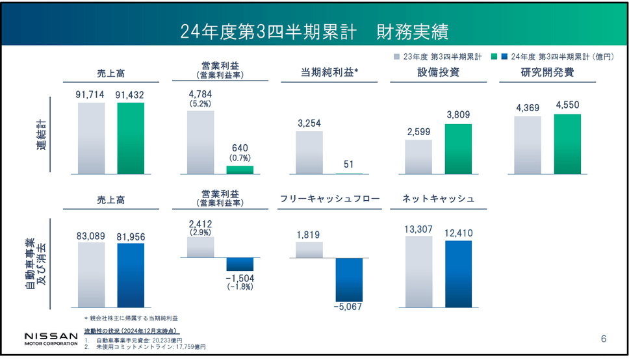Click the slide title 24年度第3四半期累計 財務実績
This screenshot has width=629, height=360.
click(x=314, y=31)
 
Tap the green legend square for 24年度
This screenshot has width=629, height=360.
click(x=496, y=57)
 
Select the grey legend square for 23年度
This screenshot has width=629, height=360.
click(x=396, y=57)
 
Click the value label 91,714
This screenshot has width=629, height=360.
click(x=91, y=95)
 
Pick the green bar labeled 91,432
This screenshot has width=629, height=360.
click(x=131, y=138)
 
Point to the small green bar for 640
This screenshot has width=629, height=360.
click(x=240, y=170)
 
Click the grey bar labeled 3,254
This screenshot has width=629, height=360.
click(x=309, y=153)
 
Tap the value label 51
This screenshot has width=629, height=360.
click(x=349, y=164)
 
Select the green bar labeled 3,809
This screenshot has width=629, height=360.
click(x=458, y=149)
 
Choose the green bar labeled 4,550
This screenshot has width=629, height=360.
click(x=567, y=144)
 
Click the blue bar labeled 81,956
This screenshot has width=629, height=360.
click(x=131, y=275)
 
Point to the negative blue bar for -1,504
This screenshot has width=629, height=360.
click(x=240, y=264)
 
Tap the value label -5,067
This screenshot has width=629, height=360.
click(x=349, y=307)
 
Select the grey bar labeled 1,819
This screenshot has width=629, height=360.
click(x=309, y=250)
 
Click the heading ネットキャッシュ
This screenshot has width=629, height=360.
click(x=439, y=199)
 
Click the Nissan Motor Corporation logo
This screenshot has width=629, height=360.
click(x=51, y=338)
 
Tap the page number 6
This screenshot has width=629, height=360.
click(x=603, y=339)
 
